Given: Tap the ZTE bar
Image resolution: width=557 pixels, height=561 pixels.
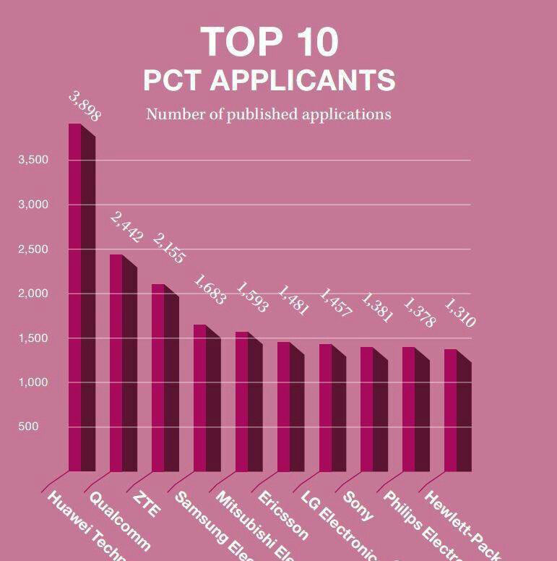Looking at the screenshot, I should pos(164,380).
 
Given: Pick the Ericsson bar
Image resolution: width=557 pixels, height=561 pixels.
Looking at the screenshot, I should pos(290,408).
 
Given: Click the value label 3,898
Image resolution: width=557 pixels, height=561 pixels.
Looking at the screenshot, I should pos(85,106).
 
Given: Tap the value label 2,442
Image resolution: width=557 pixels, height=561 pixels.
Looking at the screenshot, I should pos(126,228).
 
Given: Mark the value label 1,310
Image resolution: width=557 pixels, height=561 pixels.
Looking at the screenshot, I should pos(459,313).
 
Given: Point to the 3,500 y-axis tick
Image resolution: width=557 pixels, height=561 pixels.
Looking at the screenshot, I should pos(33,160).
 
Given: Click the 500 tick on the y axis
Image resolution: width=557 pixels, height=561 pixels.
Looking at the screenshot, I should pos(28,427).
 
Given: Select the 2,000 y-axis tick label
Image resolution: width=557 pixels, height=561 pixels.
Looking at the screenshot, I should pos(33,294).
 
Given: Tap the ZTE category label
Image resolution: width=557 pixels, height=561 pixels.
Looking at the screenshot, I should pos(147,504).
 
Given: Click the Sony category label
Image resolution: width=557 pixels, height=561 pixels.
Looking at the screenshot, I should pos(358,506).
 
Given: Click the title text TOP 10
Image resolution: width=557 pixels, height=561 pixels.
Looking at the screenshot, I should pos(269,42).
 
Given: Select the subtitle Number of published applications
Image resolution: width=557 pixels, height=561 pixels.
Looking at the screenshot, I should pos(268,114).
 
